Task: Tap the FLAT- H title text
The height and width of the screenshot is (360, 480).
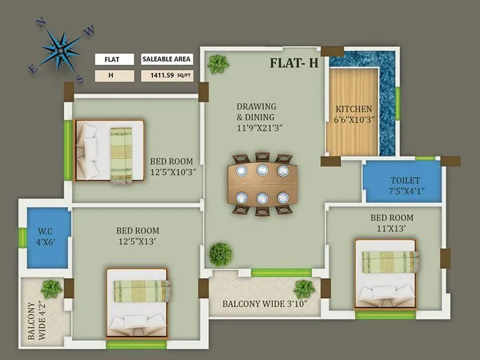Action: (x=293, y=63)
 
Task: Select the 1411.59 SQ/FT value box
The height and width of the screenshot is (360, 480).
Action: (x=167, y=76)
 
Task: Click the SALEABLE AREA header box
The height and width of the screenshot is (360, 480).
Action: (x=167, y=59)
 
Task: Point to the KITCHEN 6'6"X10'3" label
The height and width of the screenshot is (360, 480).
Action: (x=353, y=114)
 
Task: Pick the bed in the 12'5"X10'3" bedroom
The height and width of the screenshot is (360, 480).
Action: (x=109, y=151)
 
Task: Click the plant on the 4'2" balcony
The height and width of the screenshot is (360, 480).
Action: (x=52, y=289)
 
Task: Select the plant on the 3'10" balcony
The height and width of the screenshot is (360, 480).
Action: (x=304, y=289)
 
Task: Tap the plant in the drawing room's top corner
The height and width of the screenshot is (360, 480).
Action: (x=218, y=64)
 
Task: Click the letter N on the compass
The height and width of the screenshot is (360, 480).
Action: (x=41, y=24)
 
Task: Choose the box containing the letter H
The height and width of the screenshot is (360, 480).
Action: (x=110, y=76)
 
